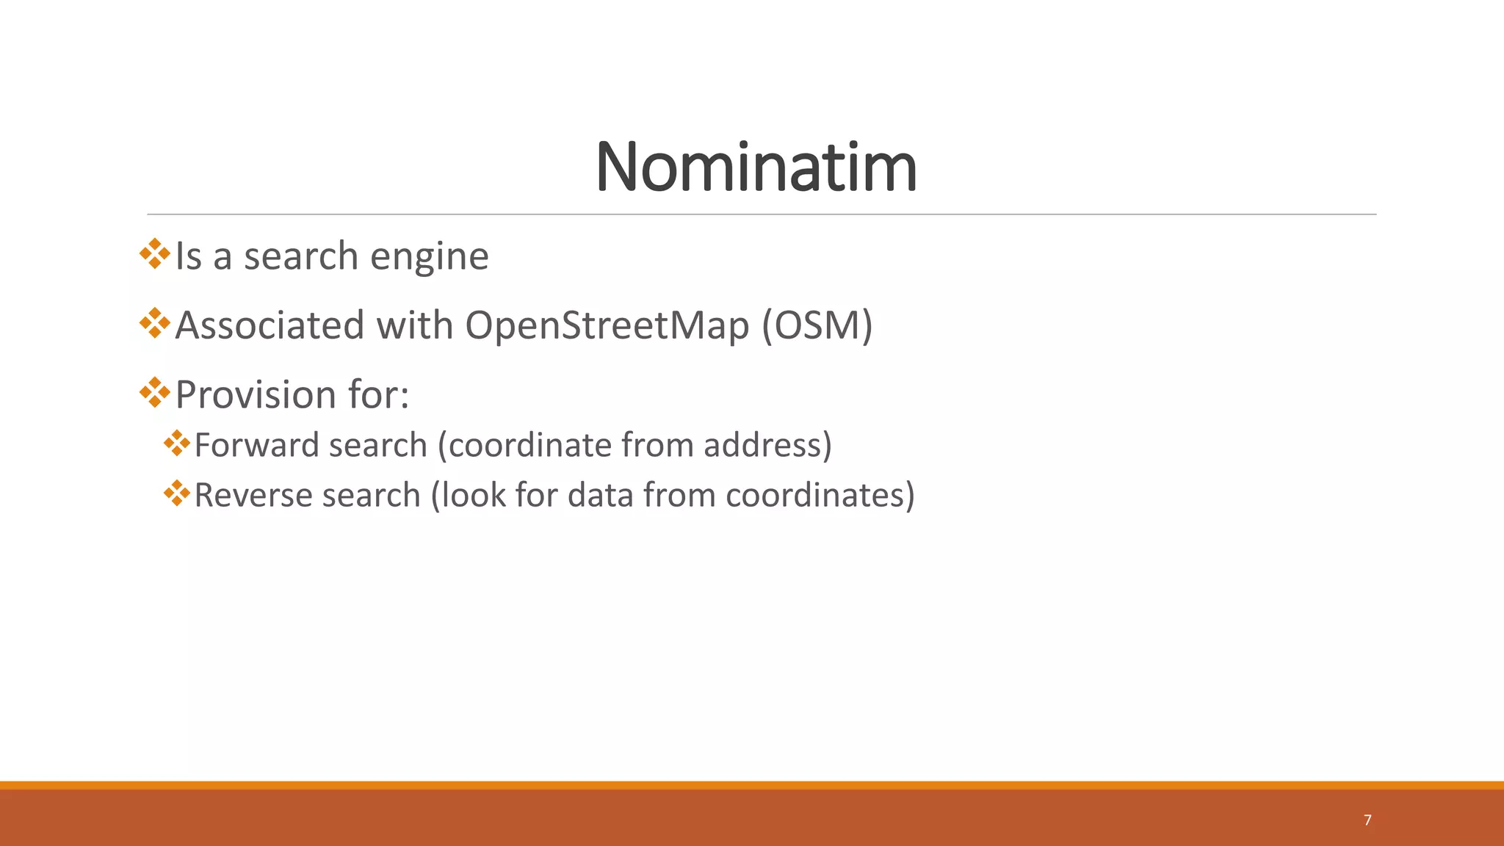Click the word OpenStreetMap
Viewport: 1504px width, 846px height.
tap(607, 325)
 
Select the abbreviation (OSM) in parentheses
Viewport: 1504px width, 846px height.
tap(817, 325)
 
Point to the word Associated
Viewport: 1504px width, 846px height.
tap(270, 325)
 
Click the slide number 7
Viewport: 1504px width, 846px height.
tap(1367, 820)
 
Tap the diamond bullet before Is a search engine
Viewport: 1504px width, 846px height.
tap(154, 253)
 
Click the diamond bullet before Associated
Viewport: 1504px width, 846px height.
tap(154, 323)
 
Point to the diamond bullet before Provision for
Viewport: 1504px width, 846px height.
tap(154, 392)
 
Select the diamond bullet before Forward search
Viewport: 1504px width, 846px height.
tap(177, 443)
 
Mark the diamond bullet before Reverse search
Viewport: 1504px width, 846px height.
tap(177, 493)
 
